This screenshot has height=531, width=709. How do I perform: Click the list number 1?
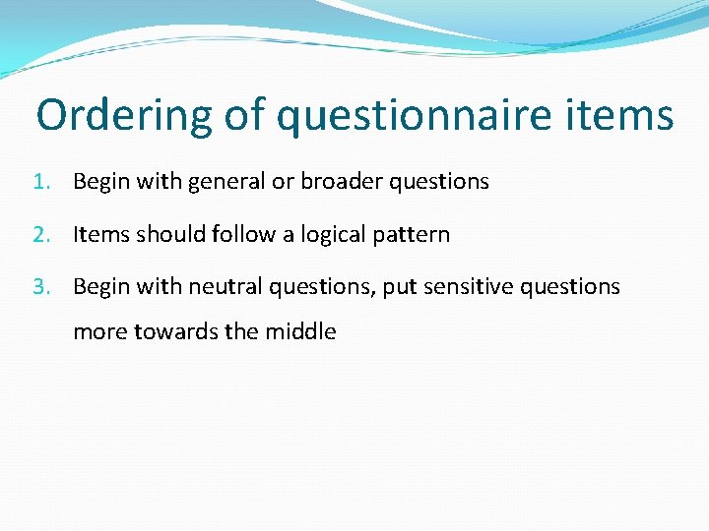[x=39, y=182]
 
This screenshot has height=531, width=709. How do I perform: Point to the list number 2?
[x=39, y=235]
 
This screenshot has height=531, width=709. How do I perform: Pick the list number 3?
[x=39, y=287]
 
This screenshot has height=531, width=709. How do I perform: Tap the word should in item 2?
[x=168, y=235]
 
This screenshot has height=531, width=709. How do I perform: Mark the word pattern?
[x=414, y=235]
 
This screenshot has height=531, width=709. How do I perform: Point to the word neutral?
[x=224, y=287]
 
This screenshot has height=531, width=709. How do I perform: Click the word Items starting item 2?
[x=100, y=235]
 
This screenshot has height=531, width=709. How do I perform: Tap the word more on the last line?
[x=99, y=332]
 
